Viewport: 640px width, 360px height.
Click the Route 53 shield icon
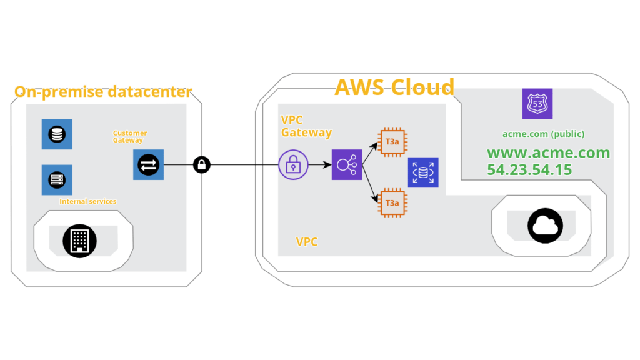[x=537, y=104]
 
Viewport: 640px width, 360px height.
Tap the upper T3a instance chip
[x=392, y=142]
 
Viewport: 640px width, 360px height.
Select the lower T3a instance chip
[x=392, y=203]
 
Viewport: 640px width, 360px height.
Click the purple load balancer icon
[x=346, y=164]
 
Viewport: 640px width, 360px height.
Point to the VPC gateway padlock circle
[x=293, y=164]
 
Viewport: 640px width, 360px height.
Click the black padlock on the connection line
[x=202, y=164]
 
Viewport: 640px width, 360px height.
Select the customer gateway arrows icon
[x=148, y=164]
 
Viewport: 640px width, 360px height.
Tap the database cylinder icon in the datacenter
[x=57, y=134]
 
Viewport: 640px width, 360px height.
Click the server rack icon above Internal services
[x=57, y=180]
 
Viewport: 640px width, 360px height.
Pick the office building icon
[x=79, y=241]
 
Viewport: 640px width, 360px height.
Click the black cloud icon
[x=545, y=226]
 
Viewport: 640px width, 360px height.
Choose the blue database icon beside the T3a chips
[x=423, y=172]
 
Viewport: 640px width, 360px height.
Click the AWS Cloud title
[x=394, y=87]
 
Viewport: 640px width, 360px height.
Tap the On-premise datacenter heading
[x=103, y=91]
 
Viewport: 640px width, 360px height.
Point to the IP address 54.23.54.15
[x=529, y=169]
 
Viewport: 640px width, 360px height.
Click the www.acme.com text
[x=549, y=152]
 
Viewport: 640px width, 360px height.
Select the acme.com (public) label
[x=543, y=134]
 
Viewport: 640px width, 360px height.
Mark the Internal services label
[x=87, y=201]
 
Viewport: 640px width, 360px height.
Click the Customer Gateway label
[x=130, y=136]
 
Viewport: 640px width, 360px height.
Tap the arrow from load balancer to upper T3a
[x=370, y=154]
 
